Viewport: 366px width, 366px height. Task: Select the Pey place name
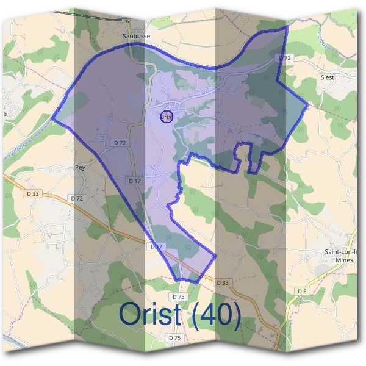click(79, 166)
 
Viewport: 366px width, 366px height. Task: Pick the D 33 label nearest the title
click(223, 282)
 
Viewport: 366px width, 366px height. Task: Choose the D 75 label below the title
click(174, 337)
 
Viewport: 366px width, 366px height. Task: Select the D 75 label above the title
click(178, 296)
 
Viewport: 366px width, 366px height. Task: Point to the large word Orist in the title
click(151, 314)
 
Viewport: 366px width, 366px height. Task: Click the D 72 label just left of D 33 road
click(77, 199)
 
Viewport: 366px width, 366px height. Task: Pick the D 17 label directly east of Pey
click(135, 181)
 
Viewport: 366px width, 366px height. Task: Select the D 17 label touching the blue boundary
click(157, 246)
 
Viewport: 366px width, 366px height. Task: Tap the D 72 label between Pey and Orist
click(120, 142)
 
